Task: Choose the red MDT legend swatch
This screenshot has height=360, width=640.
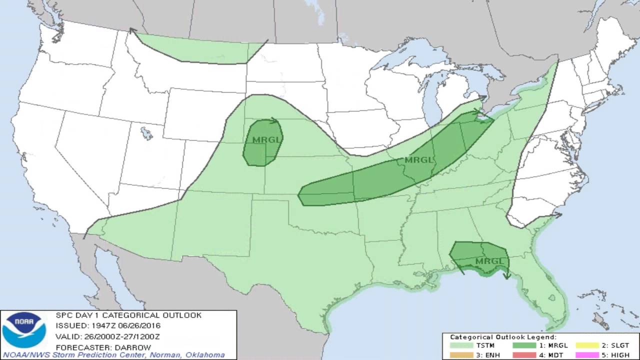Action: point(527,355)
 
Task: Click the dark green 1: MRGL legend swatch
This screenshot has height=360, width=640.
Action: point(527,345)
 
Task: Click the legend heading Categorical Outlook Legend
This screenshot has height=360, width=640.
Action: point(503,337)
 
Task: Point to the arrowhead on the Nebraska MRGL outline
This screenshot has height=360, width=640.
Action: point(274,120)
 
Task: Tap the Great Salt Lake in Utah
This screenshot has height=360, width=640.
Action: point(146,133)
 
